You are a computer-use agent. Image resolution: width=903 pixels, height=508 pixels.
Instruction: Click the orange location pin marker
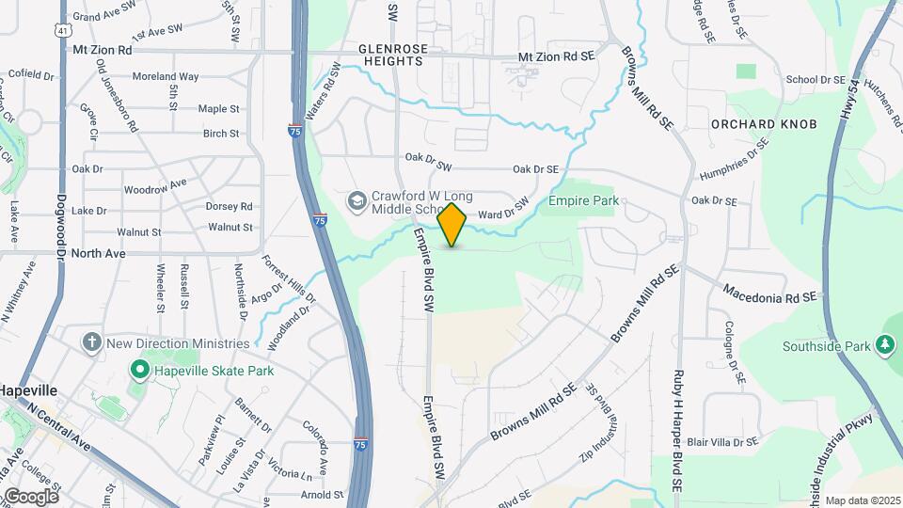click(x=452, y=224)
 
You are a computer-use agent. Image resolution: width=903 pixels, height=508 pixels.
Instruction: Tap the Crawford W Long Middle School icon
click(x=357, y=200)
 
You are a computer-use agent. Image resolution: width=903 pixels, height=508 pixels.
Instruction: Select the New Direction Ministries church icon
click(x=92, y=341)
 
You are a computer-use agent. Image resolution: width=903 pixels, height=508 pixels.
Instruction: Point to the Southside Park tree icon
click(x=884, y=345)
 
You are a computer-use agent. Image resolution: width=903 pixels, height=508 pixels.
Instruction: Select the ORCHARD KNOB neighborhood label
click(x=764, y=124)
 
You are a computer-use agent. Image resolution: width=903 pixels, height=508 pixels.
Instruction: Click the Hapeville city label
click(x=28, y=390)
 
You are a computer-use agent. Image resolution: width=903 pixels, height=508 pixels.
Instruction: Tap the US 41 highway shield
click(x=61, y=30)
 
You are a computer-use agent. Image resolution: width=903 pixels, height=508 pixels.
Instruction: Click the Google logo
click(x=30, y=496)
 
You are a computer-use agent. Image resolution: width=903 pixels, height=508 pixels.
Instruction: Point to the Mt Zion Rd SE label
click(x=557, y=56)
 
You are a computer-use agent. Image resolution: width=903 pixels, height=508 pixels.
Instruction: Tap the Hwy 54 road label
click(x=853, y=100)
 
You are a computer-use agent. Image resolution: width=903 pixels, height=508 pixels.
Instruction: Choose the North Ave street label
click(x=98, y=253)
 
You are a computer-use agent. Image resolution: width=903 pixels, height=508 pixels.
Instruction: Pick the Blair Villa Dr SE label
click(x=722, y=441)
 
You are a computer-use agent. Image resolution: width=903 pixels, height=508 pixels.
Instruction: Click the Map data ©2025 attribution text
click(x=863, y=500)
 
